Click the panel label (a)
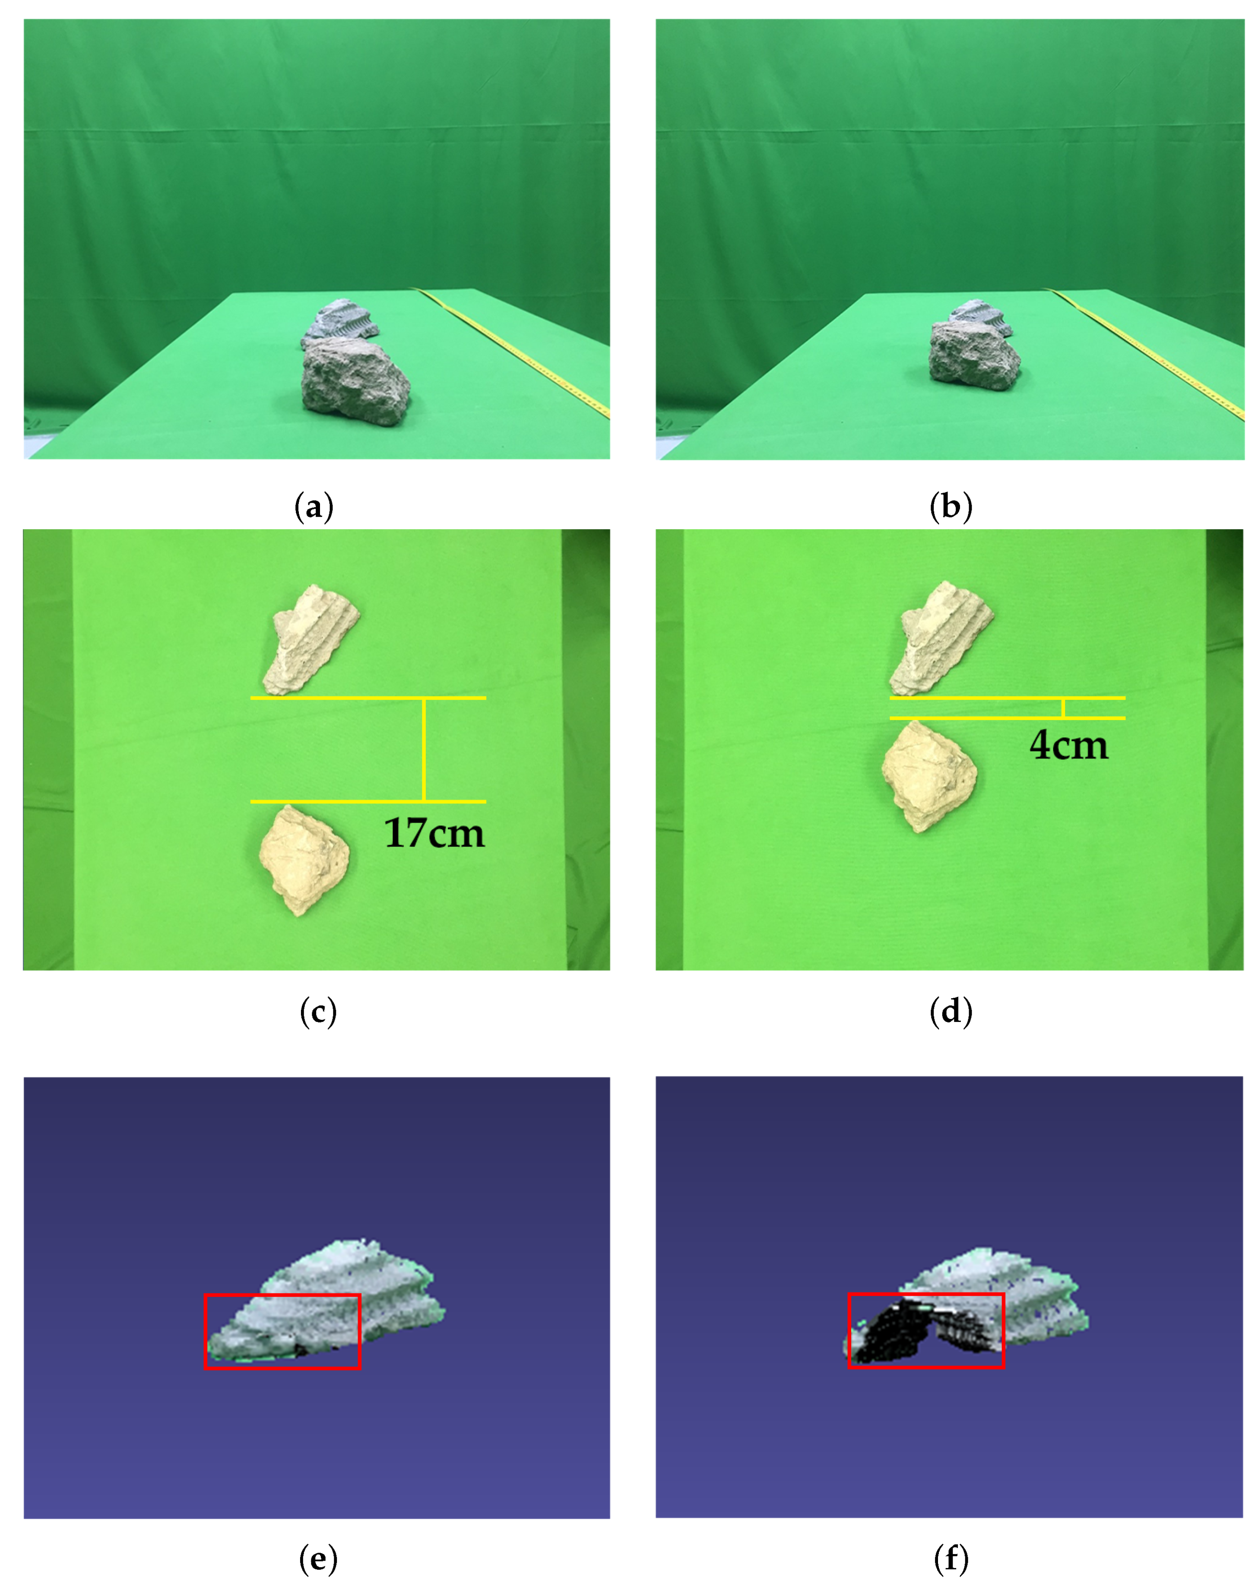coord(314,508)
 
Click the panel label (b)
coord(951,508)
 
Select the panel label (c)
coord(318,1012)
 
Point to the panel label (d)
coord(951,1012)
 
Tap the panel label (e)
coord(318,1559)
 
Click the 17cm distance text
coord(434,833)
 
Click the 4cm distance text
coord(1069,745)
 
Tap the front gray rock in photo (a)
coord(356,381)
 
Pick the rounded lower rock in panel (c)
coord(304,860)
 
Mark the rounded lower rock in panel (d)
coord(929,776)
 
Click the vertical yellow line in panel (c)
coord(424,749)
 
